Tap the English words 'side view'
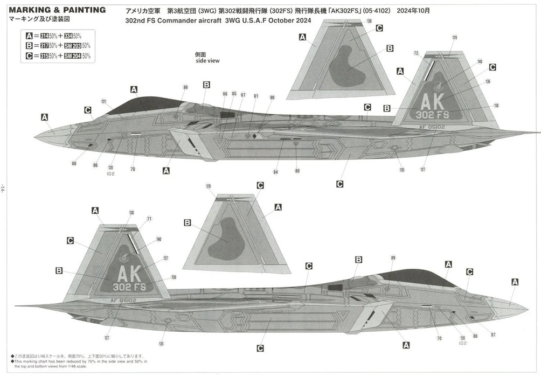207,61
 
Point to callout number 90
272,97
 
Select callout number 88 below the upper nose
73,164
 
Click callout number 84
275,172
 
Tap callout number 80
297,171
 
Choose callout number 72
416,53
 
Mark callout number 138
496,106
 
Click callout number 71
149,219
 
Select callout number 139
174,277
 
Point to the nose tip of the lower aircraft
527,309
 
